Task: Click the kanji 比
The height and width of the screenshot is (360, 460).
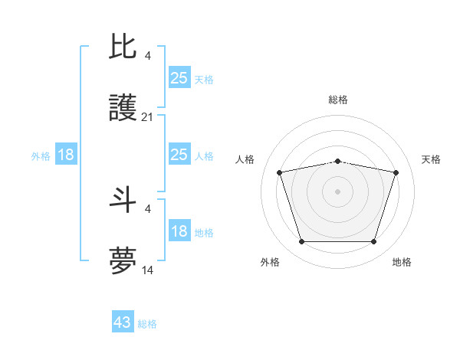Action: pos(123,47)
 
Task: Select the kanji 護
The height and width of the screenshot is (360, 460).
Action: pos(123,110)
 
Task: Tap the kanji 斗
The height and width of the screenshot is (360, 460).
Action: pos(123,200)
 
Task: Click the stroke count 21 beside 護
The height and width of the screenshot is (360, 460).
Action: pos(148,117)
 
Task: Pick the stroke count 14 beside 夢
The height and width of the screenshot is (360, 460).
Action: pos(148,270)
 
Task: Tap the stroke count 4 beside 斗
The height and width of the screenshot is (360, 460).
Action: pos(148,208)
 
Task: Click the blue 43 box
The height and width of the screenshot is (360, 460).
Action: pos(123,322)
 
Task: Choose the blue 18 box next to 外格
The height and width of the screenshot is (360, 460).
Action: pos(66,155)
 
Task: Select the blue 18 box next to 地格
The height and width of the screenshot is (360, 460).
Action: pos(179,232)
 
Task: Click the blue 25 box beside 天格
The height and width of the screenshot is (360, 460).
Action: pos(179,78)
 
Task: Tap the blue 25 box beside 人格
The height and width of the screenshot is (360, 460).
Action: pos(179,155)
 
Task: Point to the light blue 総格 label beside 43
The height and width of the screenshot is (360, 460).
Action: pos(147,324)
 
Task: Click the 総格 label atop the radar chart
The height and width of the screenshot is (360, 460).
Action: pos(338,100)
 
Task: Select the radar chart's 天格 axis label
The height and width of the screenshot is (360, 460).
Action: pos(431,159)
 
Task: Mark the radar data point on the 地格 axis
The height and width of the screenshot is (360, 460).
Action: pos(373,242)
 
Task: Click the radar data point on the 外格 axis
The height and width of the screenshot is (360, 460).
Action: pos(301,242)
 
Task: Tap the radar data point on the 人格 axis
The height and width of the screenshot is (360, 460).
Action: pos(279,172)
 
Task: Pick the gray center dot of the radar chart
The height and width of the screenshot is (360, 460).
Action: pos(337,191)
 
